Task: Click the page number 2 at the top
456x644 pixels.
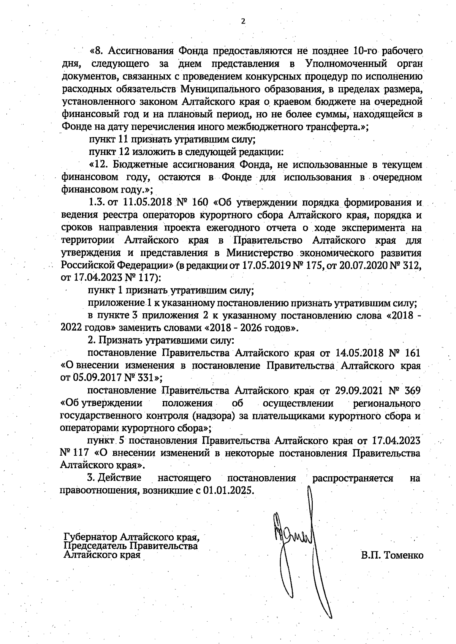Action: pos(243,22)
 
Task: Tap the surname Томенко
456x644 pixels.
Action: pos(404,556)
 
